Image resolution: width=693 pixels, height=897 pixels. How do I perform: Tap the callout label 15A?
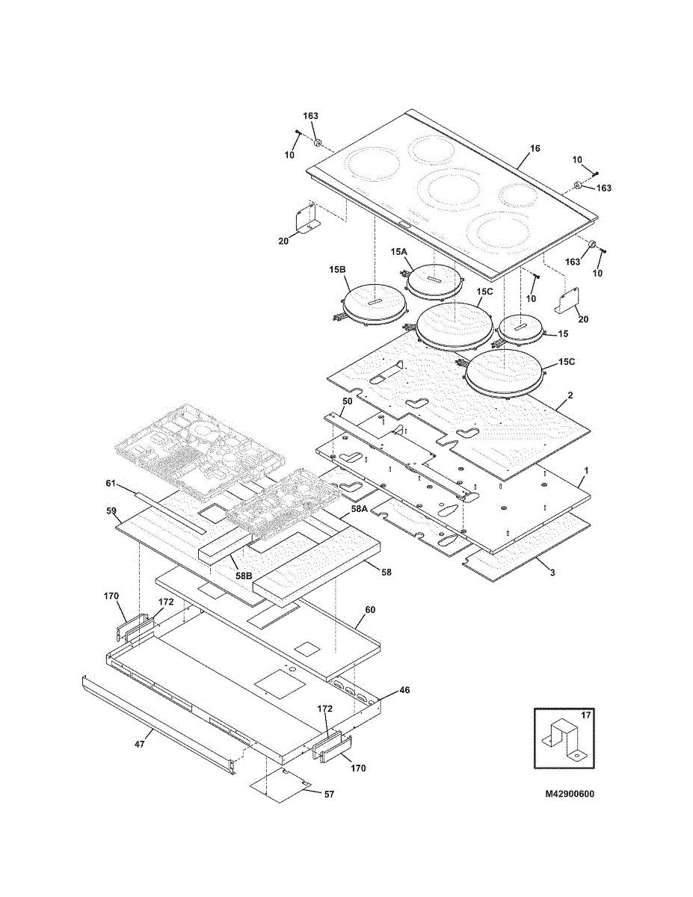click(399, 251)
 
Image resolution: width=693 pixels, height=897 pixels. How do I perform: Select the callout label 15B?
click(337, 270)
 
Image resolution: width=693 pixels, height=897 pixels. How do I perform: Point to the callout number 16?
click(535, 148)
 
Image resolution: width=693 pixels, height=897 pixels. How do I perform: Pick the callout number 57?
click(329, 794)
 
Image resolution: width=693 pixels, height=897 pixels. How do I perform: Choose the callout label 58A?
click(359, 509)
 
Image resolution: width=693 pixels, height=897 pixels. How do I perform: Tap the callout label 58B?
click(244, 575)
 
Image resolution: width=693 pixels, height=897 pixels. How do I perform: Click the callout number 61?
click(111, 483)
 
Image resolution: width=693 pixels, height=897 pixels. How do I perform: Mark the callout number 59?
click(111, 511)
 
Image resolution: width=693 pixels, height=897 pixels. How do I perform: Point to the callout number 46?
click(405, 690)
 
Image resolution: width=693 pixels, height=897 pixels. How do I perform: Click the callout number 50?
click(348, 401)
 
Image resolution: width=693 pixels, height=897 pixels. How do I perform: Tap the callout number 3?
click(552, 573)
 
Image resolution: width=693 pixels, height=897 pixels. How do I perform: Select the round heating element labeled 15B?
click(374, 306)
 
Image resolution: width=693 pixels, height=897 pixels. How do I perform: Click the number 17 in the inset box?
click(585, 715)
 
